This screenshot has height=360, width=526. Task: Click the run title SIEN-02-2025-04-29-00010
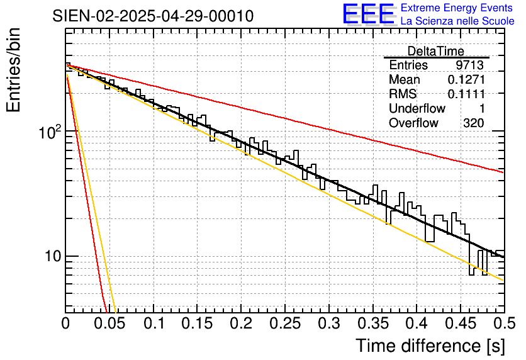[x=153, y=16]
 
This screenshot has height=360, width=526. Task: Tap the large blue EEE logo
[x=367, y=14]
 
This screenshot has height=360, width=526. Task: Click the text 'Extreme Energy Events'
[x=457, y=8]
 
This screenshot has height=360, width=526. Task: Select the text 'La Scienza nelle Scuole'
[x=457, y=21]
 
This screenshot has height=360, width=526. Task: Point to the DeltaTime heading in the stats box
[x=435, y=51]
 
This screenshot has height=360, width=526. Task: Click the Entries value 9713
[x=469, y=65]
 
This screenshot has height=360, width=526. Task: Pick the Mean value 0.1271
[x=466, y=80]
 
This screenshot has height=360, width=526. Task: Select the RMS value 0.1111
[x=466, y=94]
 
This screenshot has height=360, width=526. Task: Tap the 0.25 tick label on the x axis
[x=285, y=323]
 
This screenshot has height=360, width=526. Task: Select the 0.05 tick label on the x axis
[x=109, y=323]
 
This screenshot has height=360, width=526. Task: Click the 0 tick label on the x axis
[x=65, y=323]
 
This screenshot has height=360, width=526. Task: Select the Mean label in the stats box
[x=404, y=80]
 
